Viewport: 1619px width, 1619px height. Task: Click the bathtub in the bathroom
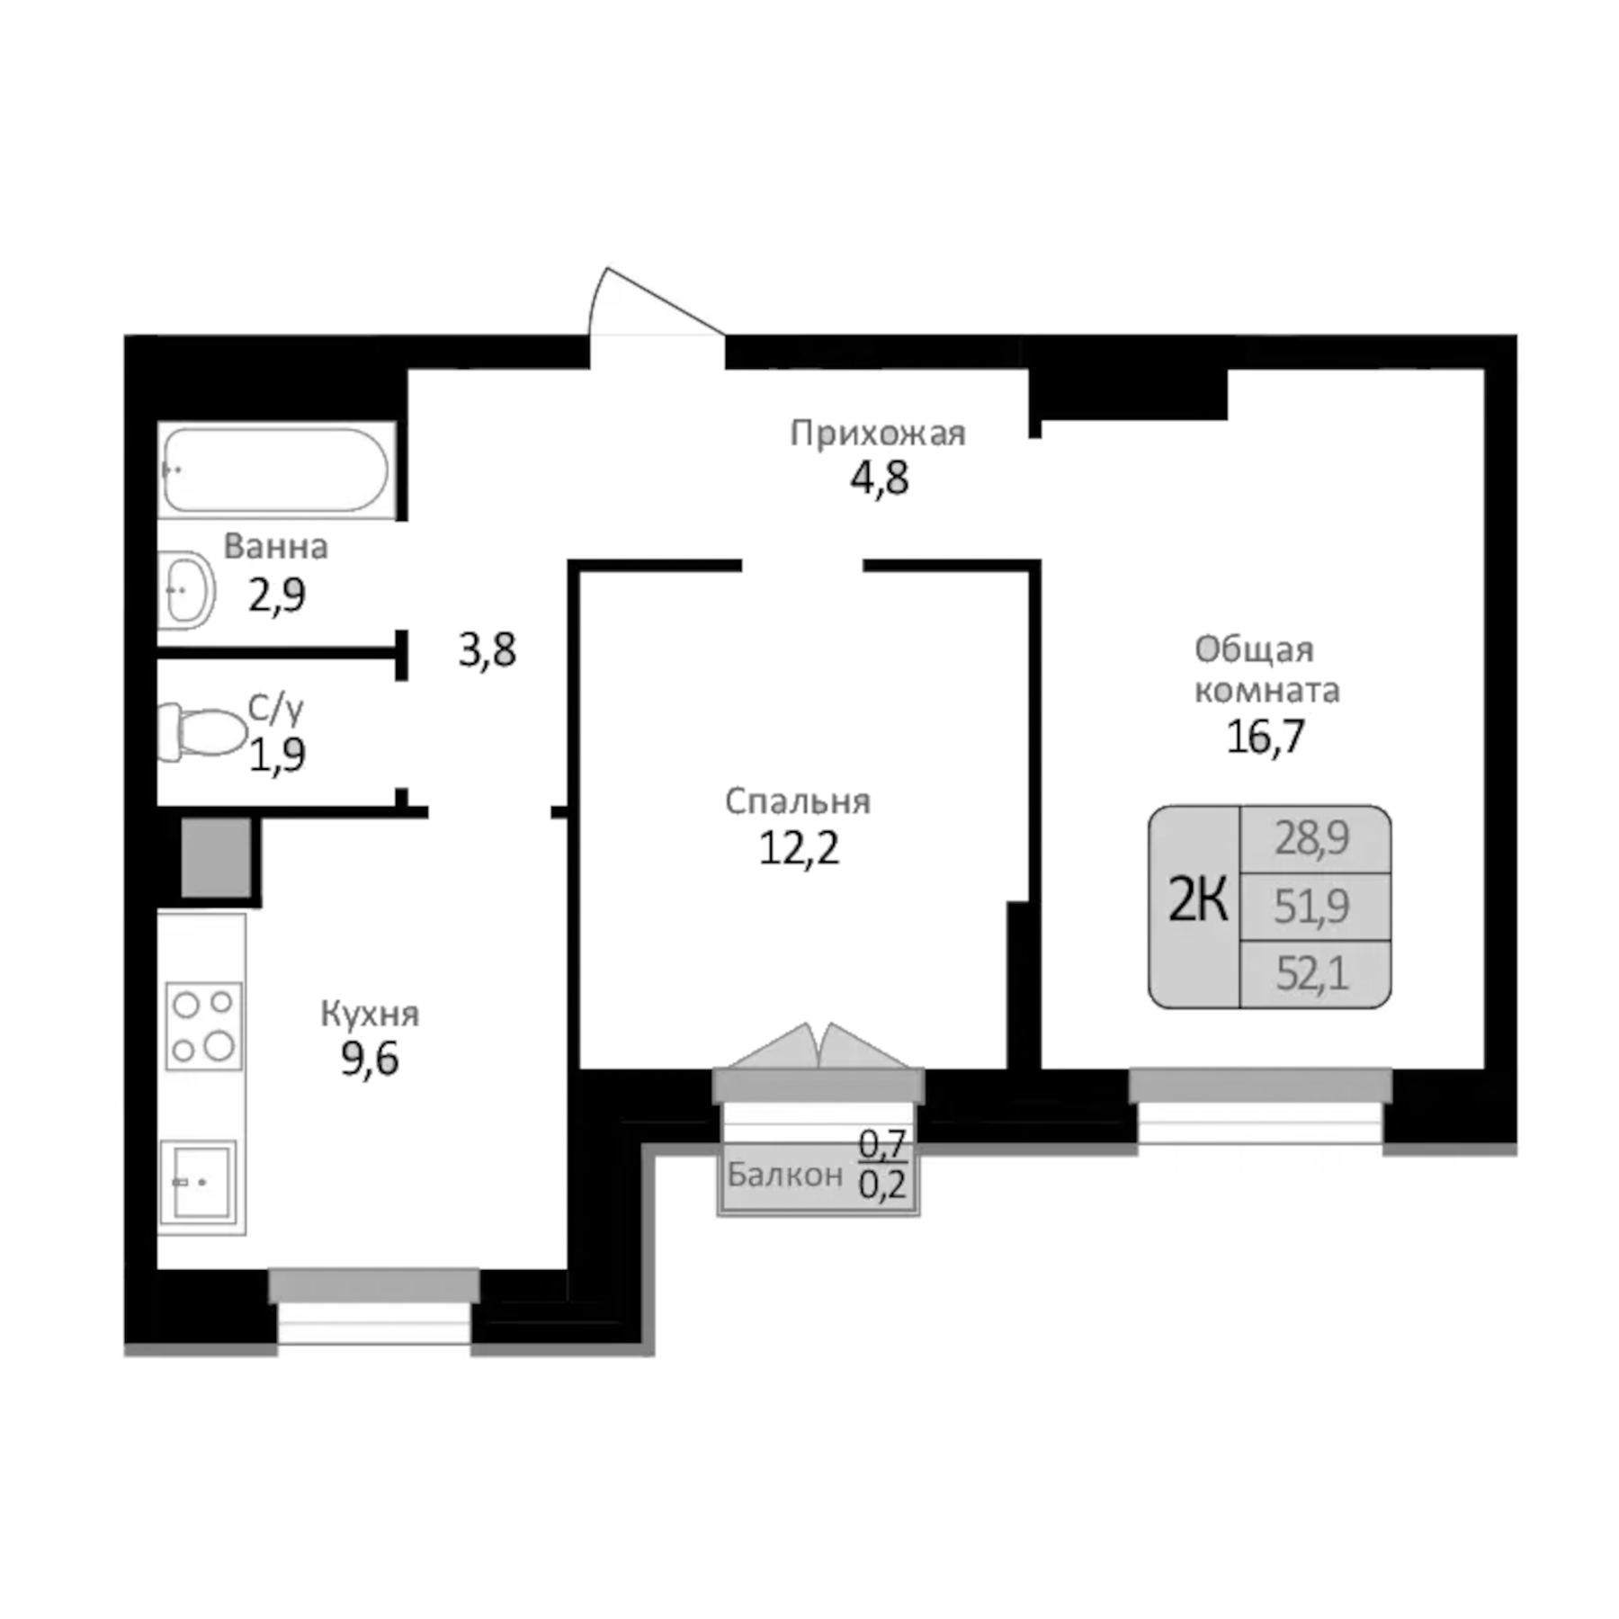coord(275,470)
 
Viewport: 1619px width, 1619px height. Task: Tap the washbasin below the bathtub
coord(187,590)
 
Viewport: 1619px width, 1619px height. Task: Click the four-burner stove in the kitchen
coord(203,1025)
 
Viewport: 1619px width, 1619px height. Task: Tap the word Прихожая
coord(877,434)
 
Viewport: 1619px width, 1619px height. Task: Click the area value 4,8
coord(879,479)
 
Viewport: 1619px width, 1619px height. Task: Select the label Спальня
coord(797,801)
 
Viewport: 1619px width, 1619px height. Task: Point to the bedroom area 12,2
coord(799,847)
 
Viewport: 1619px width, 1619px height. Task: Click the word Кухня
coord(370,1014)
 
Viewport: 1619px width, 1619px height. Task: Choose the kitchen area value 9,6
coord(370,1060)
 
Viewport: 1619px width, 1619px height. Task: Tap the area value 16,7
coord(1265,737)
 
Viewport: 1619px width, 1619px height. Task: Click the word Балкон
coord(784,1175)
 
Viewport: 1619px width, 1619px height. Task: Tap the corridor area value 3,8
coord(487,649)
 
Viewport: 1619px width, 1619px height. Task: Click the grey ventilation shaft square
coord(216,857)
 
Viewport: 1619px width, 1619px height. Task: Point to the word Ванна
coord(275,546)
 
